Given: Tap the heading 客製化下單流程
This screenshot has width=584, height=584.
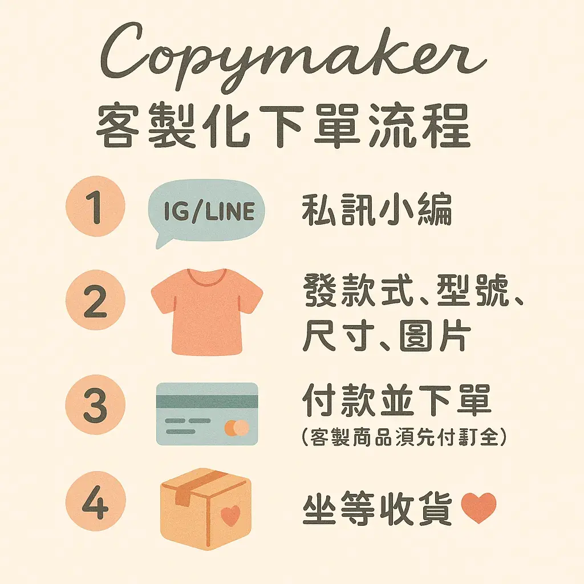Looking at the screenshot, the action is pos(283,126).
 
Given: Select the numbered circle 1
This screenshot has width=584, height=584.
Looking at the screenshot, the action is pos(95,206).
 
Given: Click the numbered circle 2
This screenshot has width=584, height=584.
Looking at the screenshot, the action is pos(95,300).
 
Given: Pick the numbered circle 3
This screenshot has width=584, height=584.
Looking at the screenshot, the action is pos(95,404).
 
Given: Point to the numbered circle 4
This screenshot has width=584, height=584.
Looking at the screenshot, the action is pos(96,501).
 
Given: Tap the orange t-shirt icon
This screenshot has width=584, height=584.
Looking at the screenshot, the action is pos(207,311).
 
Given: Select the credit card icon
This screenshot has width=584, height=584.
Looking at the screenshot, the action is pos(207,414).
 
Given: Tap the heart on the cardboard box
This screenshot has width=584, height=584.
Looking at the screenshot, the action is pos(230,516).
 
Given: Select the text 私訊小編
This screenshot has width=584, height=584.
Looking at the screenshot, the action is pos(377,209).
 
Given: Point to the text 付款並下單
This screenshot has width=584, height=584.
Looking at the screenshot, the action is pos(397,401).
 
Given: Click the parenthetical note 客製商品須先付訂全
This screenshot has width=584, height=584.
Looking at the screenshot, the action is pos(404,436).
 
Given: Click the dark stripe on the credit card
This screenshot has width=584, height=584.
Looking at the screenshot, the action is pos(207,402).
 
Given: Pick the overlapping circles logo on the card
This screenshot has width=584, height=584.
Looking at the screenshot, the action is pos(237,428).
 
